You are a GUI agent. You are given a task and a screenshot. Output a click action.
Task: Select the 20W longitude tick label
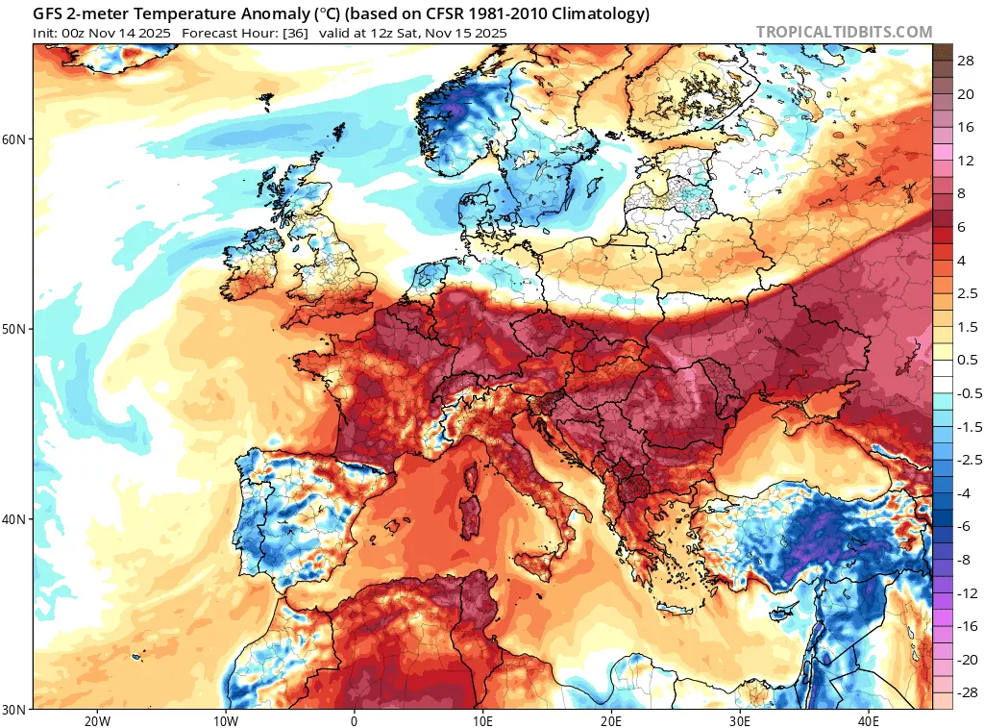click(96, 720)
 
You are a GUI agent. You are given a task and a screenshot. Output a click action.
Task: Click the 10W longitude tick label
click(225, 720)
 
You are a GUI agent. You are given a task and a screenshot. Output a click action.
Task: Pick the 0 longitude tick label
click(354, 720)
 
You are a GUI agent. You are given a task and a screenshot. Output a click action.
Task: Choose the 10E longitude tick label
click(482, 720)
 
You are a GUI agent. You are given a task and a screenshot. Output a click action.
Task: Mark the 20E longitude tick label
click(611, 720)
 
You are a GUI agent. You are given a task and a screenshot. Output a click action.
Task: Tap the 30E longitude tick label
click(740, 720)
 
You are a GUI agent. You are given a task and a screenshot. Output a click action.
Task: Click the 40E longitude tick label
click(869, 720)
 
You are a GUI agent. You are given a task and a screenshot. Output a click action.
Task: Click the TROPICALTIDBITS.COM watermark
click(844, 32)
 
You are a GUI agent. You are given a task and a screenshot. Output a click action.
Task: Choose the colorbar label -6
click(964, 526)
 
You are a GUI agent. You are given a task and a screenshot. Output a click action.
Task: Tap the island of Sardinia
click(471, 515)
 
